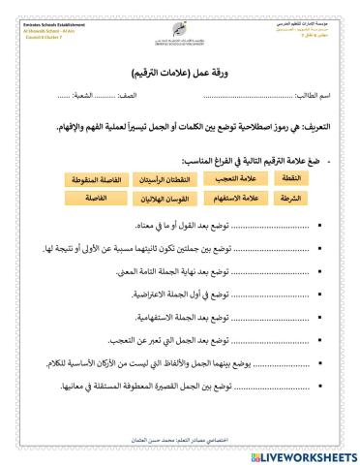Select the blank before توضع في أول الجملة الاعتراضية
pyautogui.click(x=264, y=290)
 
